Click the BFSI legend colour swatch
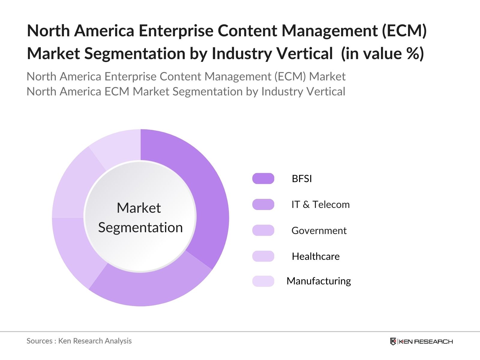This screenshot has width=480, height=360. click(x=263, y=178)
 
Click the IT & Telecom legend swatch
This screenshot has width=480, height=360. click(x=263, y=204)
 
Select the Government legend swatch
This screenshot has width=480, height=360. click(x=263, y=230)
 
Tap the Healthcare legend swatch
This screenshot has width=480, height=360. click(x=263, y=256)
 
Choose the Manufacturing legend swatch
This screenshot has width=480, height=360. click(x=263, y=281)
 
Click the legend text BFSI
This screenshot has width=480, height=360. click(x=302, y=179)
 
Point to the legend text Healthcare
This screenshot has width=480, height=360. click(x=316, y=256)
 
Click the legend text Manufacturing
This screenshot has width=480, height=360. click(x=319, y=281)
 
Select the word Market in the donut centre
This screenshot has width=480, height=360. click(x=139, y=208)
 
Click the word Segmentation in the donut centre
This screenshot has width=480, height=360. click(x=140, y=227)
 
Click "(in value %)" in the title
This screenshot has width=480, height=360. click(x=382, y=53)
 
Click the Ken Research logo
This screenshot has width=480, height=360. click(x=421, y=341)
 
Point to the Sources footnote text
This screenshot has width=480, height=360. click(x=79, y=341)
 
